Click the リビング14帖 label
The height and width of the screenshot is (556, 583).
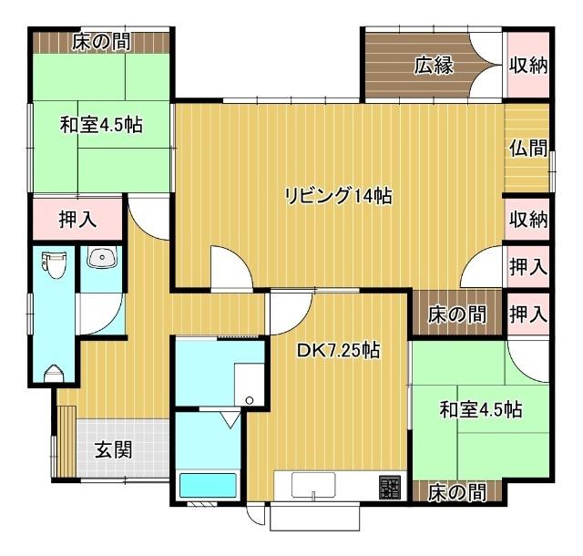338,195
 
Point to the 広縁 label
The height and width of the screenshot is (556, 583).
434,66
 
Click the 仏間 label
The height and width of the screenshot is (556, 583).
528,148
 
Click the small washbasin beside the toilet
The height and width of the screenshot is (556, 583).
102,259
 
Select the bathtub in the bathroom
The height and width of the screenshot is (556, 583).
209,485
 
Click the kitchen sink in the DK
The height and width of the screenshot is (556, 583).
314,485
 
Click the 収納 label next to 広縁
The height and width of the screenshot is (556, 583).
528,66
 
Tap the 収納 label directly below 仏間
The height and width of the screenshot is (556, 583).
528,220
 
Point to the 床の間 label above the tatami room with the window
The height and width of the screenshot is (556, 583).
102,42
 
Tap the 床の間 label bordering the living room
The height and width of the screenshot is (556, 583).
456,314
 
